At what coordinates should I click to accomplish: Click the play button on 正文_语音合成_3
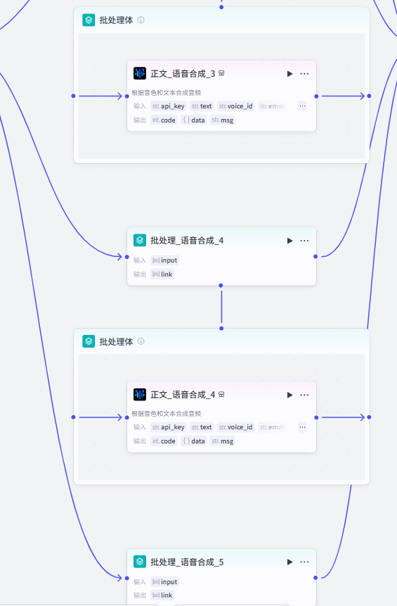(289, 73)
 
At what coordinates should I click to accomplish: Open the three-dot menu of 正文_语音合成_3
(304, 73)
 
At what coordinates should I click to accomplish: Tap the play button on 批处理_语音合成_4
(289, 241)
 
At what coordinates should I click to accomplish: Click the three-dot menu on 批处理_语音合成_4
(304, 241)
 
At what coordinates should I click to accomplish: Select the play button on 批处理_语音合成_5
(289, 562)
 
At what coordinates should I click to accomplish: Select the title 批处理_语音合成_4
(187, 241)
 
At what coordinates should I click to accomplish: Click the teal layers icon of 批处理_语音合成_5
(140, 562)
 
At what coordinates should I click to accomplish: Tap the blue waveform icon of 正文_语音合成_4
(140, 395)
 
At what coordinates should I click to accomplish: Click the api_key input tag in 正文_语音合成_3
(169, 106)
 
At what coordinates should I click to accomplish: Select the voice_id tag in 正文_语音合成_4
(235, 427)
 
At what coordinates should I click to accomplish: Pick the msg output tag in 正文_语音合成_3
(223, 120)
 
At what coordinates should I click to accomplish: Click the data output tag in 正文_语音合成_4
(194, 441)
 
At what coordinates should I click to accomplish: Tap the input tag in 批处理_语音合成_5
(165, 582)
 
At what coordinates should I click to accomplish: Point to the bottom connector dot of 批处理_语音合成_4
(221, 286)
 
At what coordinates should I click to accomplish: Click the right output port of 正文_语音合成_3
(316, 96)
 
